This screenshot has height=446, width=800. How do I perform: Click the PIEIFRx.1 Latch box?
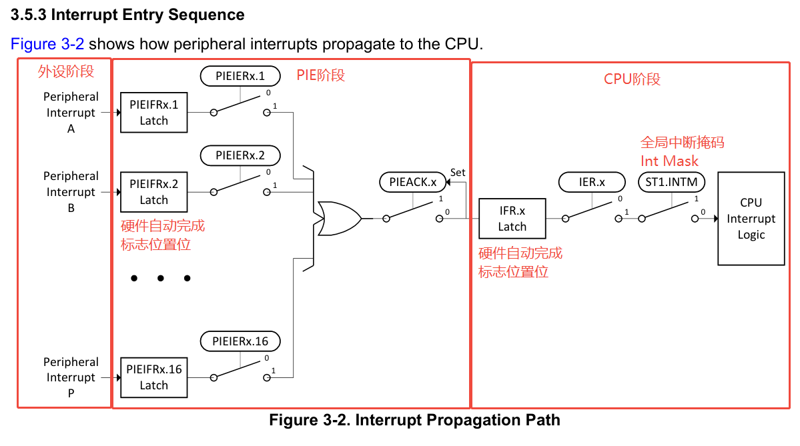153,113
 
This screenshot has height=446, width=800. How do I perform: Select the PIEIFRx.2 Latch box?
153,192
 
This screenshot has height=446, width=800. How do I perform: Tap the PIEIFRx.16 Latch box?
153,377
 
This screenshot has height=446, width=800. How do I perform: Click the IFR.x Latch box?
512,219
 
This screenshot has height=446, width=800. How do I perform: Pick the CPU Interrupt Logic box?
751,219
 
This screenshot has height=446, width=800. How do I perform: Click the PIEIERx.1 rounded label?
240,76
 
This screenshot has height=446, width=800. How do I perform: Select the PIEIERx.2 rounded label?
240,156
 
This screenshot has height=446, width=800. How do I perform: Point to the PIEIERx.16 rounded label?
240,341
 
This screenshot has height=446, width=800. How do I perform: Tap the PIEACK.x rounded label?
412,182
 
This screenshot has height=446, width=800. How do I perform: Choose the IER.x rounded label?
592,182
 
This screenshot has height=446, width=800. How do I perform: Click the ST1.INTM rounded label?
671,182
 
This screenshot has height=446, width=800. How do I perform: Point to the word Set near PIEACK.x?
458,172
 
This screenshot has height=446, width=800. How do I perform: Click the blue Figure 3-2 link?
47,44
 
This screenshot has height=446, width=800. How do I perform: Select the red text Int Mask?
669,161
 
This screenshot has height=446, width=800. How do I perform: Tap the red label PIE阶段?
321,75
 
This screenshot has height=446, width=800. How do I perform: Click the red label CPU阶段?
631,79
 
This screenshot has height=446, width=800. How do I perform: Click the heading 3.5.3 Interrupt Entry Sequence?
127,14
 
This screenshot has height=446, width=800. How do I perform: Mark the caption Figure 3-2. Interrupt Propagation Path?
414,421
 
